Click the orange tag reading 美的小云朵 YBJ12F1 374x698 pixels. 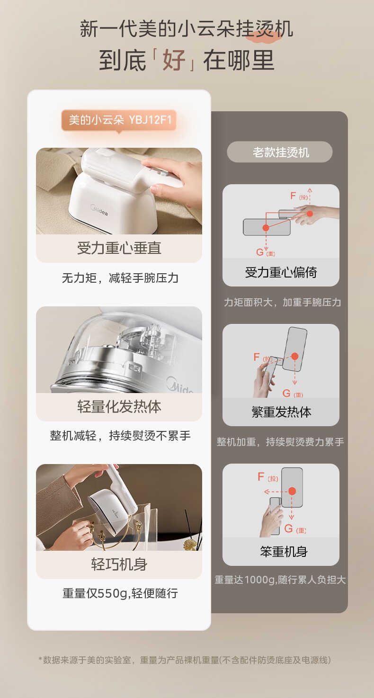coord(119,120)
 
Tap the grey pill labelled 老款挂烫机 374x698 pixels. coord(280,152)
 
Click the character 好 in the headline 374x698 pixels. coord(174,60)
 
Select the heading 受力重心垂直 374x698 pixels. coord(119,248)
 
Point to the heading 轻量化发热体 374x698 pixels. coord(119,407)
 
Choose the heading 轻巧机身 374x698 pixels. coord(119,564)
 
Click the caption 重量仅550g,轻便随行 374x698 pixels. coord(120,593)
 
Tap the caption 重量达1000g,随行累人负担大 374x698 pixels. coord(280,580)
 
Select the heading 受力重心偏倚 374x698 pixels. coord(281,272)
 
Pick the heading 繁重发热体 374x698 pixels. coord(281,412)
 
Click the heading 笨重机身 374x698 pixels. coord(281,552)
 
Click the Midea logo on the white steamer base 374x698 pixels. coord(99,209)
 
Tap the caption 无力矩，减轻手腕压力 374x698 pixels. coord(120,278)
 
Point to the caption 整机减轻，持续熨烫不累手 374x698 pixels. coord(120,436)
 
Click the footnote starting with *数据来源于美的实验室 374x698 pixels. coord(185,660)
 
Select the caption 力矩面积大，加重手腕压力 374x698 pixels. coord(282,302)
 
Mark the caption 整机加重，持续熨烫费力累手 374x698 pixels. coord(280,442)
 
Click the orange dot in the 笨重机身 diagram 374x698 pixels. coord(292,491)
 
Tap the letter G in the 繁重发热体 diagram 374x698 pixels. coord(286,393)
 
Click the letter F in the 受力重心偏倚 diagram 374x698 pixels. coord(293,196)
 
